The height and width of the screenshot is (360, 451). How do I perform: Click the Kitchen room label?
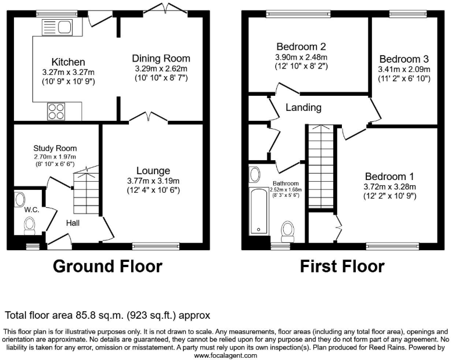pyautogui.click(x=68, y=62)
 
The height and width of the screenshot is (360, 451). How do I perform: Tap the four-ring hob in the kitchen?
pyautogui.click(x=57, y=110)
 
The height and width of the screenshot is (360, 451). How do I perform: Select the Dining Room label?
pyautogui.click(x=161, y=58)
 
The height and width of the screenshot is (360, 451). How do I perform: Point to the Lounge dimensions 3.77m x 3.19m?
pyautogui.click(x=153, y=181)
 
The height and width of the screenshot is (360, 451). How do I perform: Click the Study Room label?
pyautogui.click(x=55, y=148)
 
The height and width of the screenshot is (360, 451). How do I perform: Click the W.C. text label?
pyautogui.click(x=31, y=210)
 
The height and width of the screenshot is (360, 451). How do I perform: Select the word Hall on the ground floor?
pyautogui.click(x=73, y=223)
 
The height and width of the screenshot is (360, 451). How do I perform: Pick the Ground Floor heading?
pyautogui.click(x=107, y=267)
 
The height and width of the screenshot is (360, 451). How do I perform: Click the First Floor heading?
pyautogui.click(x=342, y=267)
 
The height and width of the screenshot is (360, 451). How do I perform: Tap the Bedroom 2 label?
pyautogui.click(x=301, y=46)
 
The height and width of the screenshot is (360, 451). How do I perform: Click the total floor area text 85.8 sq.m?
pyautogui.click(x=107, y=315)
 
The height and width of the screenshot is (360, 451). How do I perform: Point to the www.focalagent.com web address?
pyautogui.click(x=225, y=355)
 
